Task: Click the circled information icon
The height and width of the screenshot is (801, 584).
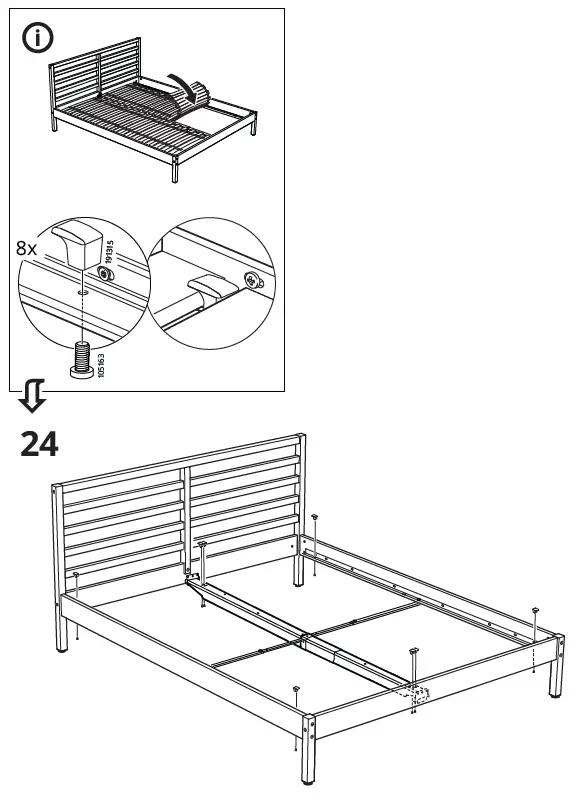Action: coord(38,41)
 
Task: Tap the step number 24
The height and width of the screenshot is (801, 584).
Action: coord(39,444)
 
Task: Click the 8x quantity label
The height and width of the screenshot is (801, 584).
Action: coord(32,246)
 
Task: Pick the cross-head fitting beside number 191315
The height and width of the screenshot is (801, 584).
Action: coord(103,272)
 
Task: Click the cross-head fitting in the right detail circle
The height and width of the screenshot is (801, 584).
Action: coord(250,281)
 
